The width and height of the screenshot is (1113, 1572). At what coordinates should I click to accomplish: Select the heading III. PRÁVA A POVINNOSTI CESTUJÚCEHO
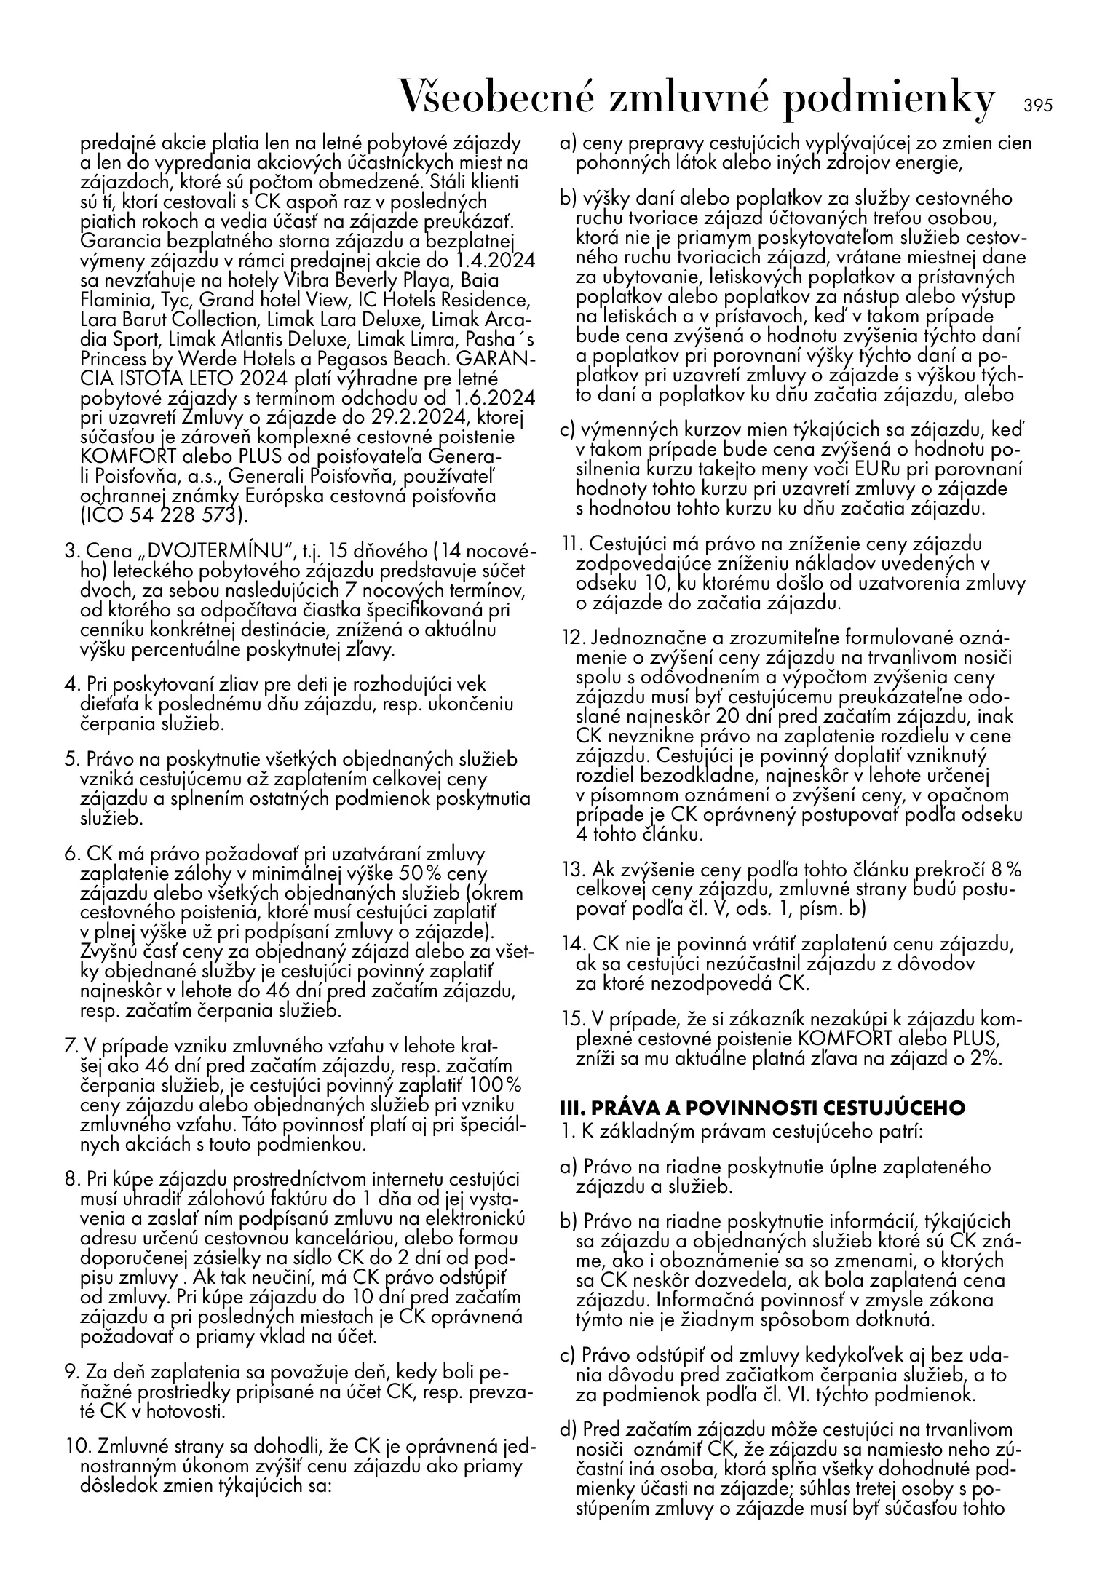762,1108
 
